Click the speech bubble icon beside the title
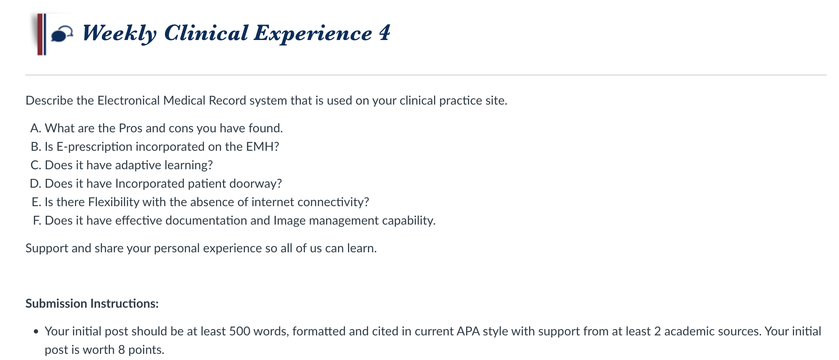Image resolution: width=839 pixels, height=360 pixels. [x=62, y=34]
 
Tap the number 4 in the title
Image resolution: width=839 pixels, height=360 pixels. [x=385, y=33]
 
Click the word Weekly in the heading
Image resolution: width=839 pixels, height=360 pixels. [x=120, y=33]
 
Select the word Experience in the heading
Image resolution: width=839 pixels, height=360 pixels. [x=313, y=33]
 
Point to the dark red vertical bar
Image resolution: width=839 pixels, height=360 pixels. [x=40, y=34]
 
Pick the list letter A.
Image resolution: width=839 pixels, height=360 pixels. [x=35, y=128]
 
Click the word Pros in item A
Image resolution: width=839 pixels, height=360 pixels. [x=131, y=128]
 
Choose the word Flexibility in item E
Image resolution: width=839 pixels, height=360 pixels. [x=114, y=202]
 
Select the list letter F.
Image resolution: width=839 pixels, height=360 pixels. [x=36, y=220]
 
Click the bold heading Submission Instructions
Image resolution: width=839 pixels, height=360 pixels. [x=92, y=303]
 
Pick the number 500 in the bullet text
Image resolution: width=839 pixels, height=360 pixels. [x=240, y=331]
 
